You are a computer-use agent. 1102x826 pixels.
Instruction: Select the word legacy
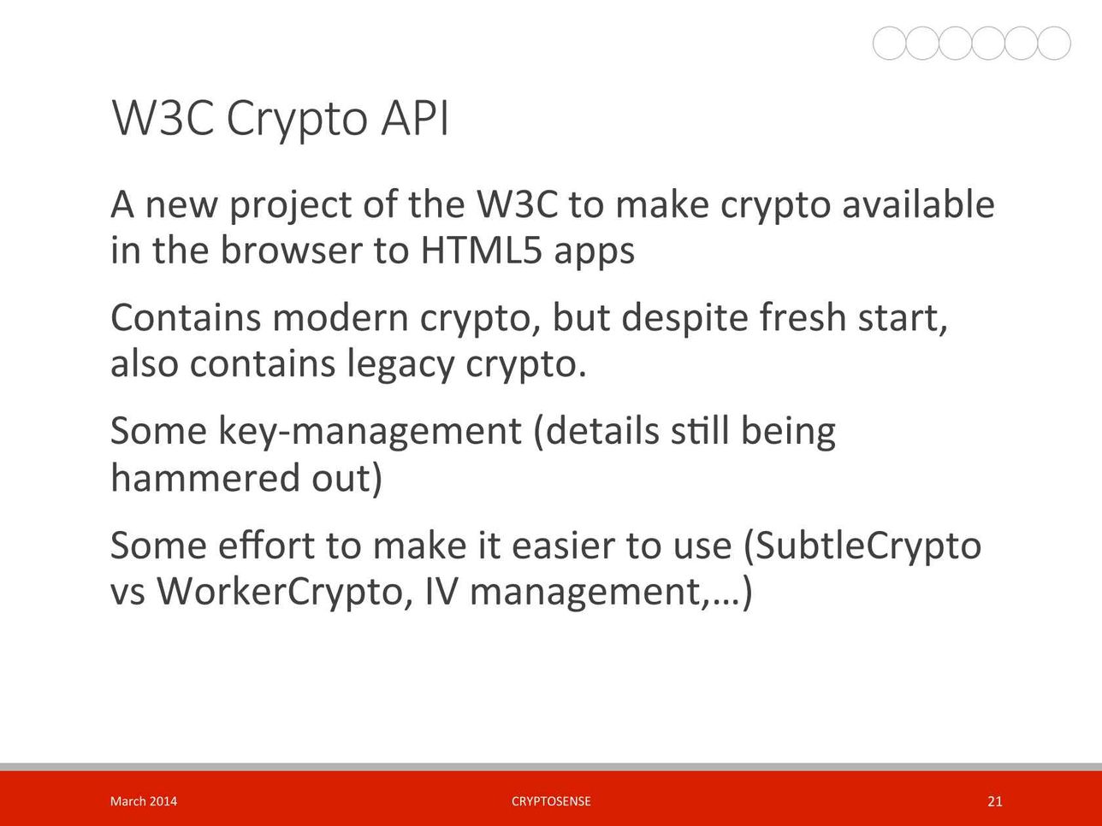(x=400, y=365)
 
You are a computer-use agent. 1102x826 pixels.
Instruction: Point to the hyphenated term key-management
(x=370, y=432)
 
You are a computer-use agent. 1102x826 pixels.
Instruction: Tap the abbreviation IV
(x=441, y=592)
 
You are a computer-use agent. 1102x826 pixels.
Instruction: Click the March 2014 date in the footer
(x=144, y=801)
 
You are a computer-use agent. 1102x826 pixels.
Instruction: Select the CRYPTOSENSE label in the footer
(x=551, y=801)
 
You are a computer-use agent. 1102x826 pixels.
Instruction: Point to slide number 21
(x=994, y=801)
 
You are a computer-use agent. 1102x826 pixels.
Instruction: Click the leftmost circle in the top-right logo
(x=890, y=43)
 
